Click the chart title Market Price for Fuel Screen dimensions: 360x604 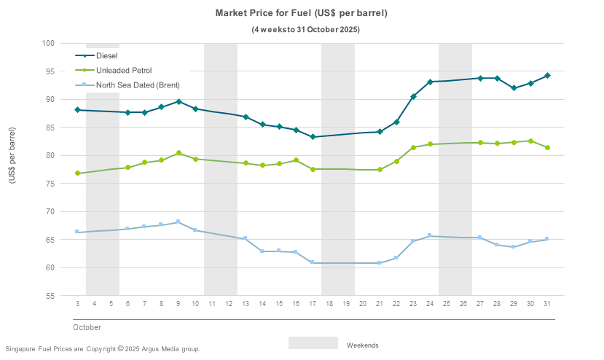tap(301, 13)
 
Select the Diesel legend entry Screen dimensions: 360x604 tap(107, 55)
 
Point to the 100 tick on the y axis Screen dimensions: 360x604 tap(49, 43)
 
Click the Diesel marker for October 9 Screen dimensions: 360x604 tap(179, 102)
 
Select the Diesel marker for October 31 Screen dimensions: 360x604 tap(547, 76)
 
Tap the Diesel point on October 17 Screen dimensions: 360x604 tap(313, 137)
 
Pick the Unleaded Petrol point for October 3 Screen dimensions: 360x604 tap(77, 173)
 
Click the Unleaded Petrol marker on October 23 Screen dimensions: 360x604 tap(413, 147)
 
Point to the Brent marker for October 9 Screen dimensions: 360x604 tap(179, 222)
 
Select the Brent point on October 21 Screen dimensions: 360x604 tap(380, 262)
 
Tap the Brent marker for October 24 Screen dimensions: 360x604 tap(430, 235)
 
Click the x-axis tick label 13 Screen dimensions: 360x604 tap(246, 304)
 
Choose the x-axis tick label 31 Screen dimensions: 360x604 tap(547, 304)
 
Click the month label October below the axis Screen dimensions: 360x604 tap(87, 327)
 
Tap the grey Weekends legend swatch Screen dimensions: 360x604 tap(313, 343)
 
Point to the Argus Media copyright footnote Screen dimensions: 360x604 tap(102, 349)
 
